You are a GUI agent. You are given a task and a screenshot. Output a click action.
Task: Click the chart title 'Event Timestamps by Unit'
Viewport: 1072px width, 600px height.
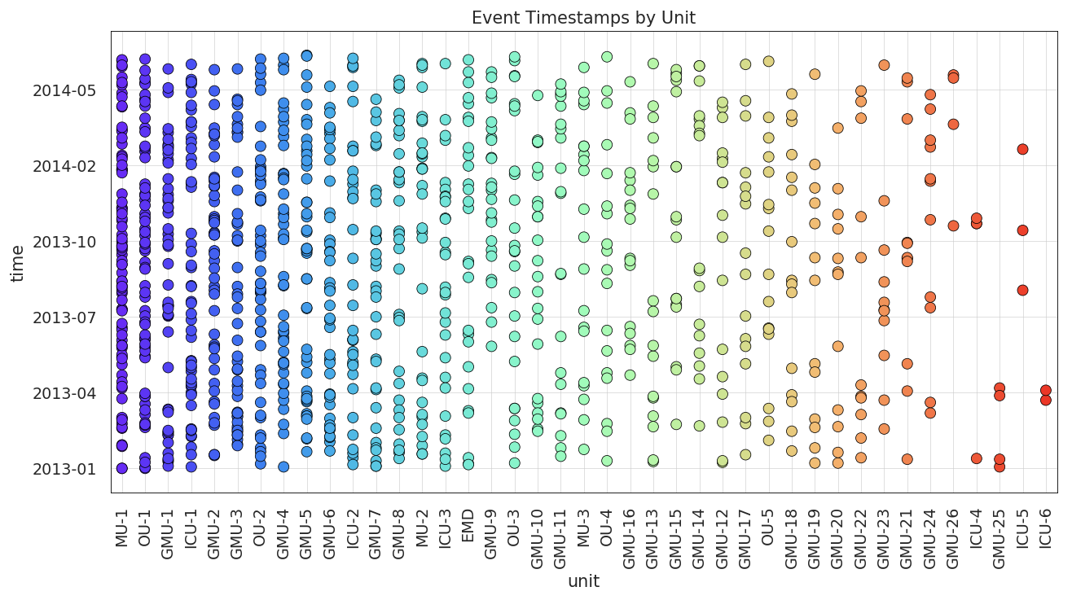pos(583,18)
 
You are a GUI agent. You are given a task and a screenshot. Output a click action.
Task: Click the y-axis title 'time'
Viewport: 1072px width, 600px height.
pos(18,262)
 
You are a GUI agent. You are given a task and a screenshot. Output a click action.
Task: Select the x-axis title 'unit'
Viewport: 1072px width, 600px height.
pos(583,581)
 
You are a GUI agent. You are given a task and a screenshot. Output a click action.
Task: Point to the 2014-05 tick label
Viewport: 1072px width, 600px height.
pos(64,90)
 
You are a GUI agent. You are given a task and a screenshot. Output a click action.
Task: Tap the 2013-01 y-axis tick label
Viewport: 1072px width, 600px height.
pos(64,469)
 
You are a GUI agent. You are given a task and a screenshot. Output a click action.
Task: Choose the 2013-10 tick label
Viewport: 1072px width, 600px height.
pos(64,242)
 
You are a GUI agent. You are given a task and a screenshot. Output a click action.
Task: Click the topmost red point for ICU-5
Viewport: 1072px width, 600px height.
pos(1022,149)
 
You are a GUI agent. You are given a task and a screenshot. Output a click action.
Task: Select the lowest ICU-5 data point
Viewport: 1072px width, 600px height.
pos(1022,290)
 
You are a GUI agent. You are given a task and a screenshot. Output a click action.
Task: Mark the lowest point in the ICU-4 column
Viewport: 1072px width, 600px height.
pos(976,458)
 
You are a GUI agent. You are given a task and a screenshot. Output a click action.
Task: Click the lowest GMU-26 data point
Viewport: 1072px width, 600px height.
pos(953,226)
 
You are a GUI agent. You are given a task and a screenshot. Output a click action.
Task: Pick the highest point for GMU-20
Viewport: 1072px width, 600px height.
pos(837,128)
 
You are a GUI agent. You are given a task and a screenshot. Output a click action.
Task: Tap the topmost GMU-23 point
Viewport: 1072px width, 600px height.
pos(884,65)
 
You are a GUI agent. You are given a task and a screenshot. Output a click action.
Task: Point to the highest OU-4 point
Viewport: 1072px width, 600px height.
pos(607,57)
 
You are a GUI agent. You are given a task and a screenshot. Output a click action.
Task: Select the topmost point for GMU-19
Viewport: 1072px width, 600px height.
pos(815,74)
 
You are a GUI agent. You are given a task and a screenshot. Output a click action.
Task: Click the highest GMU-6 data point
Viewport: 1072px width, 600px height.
pos(330,85)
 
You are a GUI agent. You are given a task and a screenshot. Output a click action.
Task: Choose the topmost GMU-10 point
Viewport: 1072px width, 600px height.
pos(538,95)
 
